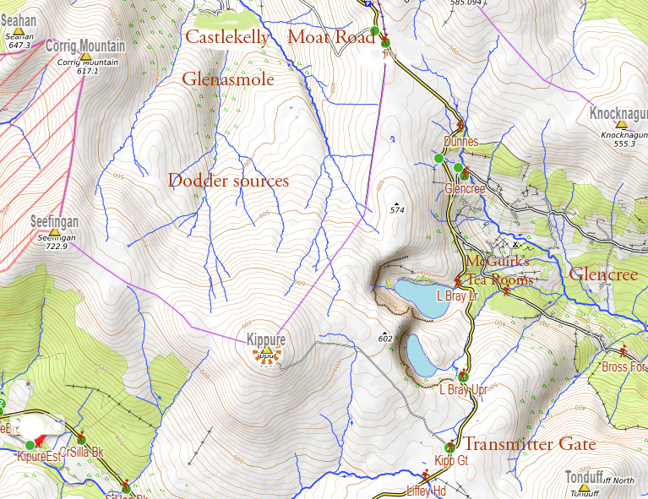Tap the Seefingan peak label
55,221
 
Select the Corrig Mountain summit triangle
84,57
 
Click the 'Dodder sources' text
228,181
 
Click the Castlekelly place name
226,37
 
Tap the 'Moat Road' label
330,37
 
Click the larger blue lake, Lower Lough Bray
422,299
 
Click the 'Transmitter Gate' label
529,444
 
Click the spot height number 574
398,209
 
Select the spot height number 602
386,339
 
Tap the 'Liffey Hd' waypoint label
426,491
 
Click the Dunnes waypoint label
461,142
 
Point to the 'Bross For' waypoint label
623,366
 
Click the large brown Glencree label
603,274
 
